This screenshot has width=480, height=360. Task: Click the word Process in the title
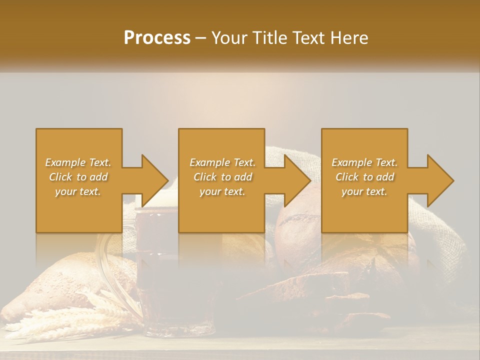click(157, 38)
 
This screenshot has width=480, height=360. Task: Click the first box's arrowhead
click(152, 180)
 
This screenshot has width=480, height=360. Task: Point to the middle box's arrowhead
click(295, 180)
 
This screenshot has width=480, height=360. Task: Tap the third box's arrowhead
click(438, 180)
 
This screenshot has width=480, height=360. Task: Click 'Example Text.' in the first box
click(78, 162)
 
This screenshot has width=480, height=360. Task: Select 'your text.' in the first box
click(78, 191)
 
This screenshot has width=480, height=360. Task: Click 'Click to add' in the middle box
click(222, 177)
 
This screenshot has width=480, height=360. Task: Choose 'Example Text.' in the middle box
click(222, 162)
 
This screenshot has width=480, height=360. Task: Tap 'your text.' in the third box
click(364, 191)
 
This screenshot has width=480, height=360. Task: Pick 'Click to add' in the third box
click(364, 177)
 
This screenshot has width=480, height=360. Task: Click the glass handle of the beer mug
click(107, 260)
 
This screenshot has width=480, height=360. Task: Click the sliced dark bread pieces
click(320, 295)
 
